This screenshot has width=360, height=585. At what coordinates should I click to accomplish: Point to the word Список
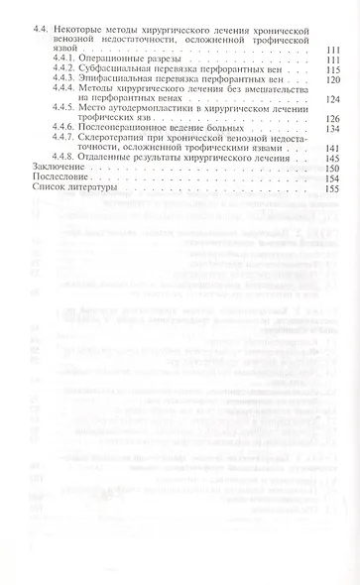tap(51, 187)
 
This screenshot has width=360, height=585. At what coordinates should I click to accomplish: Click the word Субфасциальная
tap(123, 69)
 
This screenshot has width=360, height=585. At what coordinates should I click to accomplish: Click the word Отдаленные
tap(113, 158)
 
